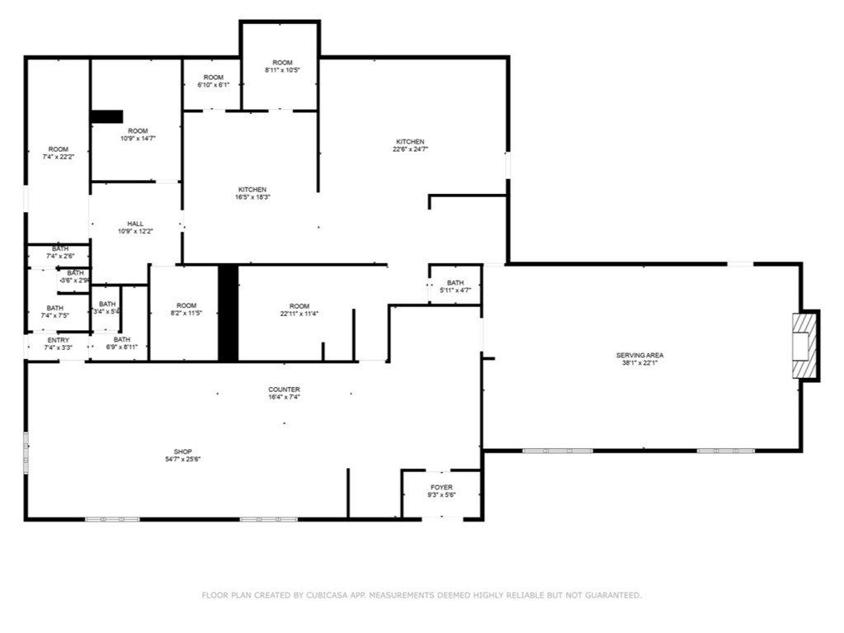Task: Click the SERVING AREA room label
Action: point(639,355)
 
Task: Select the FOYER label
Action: point(441,488)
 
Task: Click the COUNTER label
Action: point(284,390)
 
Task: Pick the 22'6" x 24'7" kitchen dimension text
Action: point(410,149)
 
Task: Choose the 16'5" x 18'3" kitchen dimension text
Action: point(252,197)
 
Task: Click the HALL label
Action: point(135,224)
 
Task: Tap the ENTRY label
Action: point(59,340)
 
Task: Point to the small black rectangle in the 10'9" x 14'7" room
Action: point(107,116)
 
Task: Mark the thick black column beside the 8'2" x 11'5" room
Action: point(228,313)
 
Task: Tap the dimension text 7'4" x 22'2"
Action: point(58,157)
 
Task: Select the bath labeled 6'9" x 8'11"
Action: point(121,343)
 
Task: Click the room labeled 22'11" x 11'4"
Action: point(299,309)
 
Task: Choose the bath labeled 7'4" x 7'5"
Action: point(54,311)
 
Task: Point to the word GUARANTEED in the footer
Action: point(611,595)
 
